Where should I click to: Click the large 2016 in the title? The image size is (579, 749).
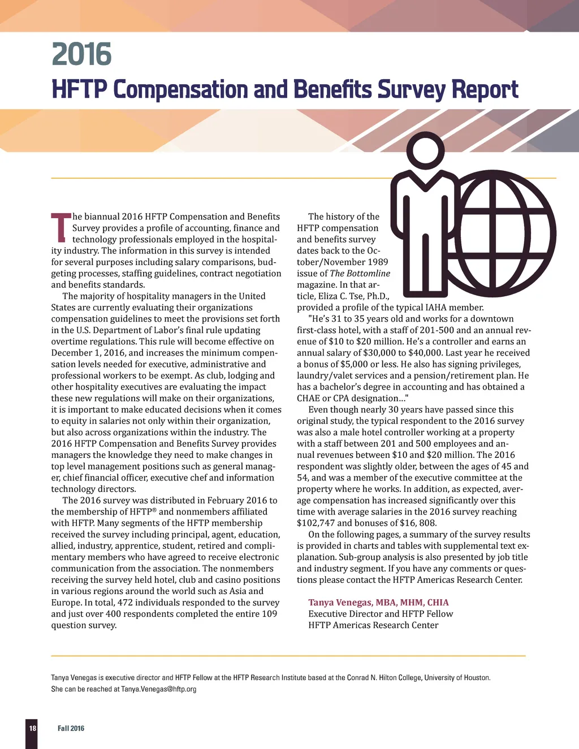(81, 54)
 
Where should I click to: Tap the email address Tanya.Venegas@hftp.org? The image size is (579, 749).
(158, 689)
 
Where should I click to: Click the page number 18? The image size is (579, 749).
(32, 728)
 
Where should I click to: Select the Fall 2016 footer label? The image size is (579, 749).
(71, 728)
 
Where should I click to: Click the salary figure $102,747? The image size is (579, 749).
(316, 523)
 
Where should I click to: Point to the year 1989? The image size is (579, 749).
(377, 262)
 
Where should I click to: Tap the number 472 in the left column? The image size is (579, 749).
(125, 603)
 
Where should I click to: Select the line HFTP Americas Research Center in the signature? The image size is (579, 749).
(373, 625)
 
